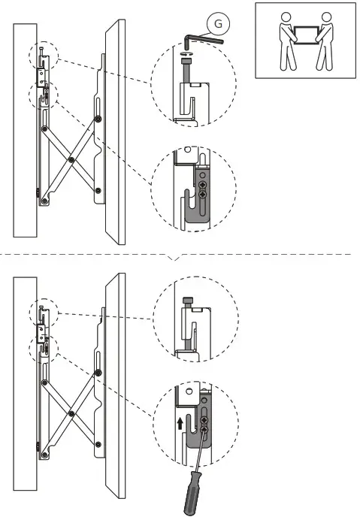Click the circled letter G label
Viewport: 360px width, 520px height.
point(219,23)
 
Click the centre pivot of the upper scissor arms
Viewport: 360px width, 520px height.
point(70,159)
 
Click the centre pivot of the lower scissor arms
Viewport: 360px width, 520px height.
point(70,414)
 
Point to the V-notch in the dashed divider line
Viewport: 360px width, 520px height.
point(177,258)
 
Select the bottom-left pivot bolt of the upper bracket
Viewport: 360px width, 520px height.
point(46,201)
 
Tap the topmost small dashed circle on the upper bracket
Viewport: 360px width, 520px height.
point(42,55)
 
